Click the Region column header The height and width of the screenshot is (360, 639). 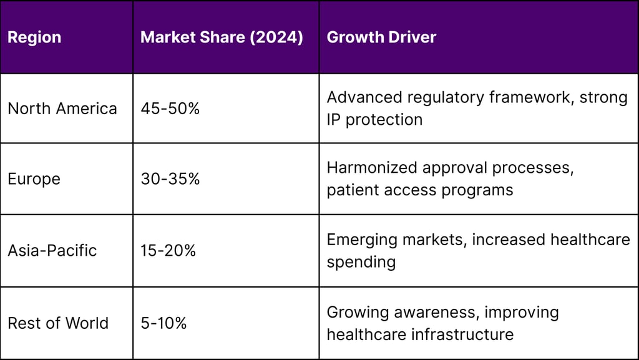click(x=34, y=37)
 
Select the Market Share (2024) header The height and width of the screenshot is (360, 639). click(x=222, y=37)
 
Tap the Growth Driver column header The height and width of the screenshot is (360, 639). click(x=381, y=37)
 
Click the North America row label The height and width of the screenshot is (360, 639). click(x=62, y=109)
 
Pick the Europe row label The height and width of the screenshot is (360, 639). click(x=34, y=179)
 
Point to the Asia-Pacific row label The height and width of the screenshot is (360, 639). click(x=52, y=251)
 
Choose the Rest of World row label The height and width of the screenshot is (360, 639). click(x=57, y=323)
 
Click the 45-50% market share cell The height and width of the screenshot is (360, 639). click(x=170, y=109)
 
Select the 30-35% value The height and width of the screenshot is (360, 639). click(x=170, y=179)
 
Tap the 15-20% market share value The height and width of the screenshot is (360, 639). click(x=168, y=251)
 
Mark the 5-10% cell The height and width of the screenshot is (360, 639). click(x=163, y=323)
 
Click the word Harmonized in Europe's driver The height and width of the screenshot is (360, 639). click(x=373, y=168)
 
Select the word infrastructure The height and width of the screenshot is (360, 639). click(x=461, y=334)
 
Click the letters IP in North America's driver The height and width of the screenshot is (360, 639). click(x=333, y=120)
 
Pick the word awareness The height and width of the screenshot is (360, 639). click(x=436, y=312)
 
